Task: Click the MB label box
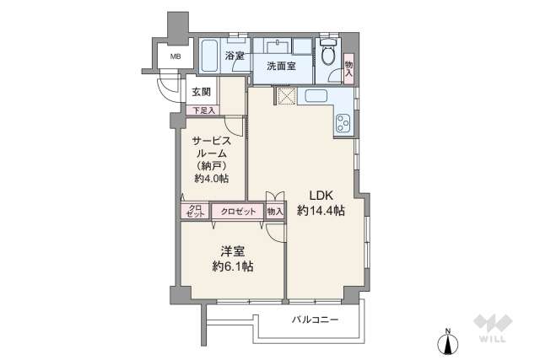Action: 175,56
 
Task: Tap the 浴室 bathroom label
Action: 235,56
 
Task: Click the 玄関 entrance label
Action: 201,92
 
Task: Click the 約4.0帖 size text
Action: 212,179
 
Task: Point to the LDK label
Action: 320,195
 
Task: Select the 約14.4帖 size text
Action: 320,212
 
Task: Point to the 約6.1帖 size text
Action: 234,266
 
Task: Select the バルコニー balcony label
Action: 316,320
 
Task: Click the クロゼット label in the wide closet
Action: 238,212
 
